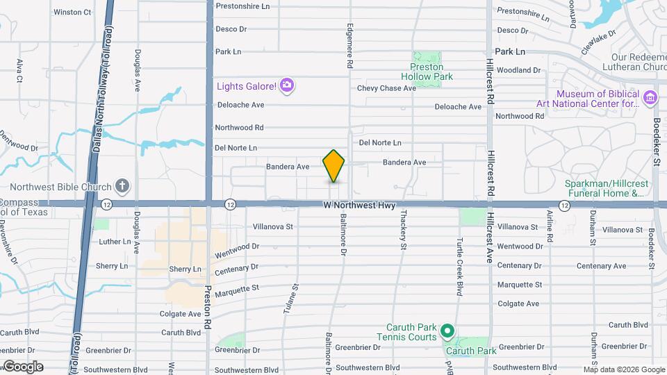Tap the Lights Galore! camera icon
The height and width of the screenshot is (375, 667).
click(x=288, y=86)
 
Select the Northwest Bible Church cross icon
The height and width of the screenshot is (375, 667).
click(x=122, y=185)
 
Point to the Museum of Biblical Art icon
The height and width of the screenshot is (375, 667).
click(x=650, y=98)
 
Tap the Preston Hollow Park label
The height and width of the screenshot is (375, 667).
click(x=427, y=72)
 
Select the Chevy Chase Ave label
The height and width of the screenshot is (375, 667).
click(x=386, y=88)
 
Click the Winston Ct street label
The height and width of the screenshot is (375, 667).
click(x=72, y=12)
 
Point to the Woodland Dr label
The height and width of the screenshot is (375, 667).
click(x=518, y=70)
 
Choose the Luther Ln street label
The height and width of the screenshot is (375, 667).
click(x=115, y=242)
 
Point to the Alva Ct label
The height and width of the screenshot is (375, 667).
click(x=19, y=70)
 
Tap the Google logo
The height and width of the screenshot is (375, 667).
click(x=22, y=367)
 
